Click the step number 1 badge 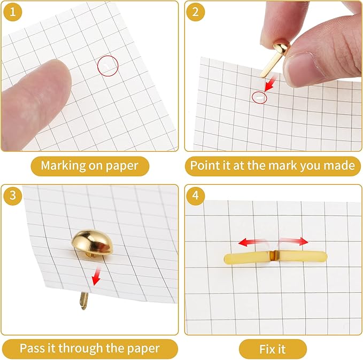coord(13,12)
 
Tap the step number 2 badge coord(195,12)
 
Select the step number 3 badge coord(13,195)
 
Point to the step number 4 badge coord(195,195)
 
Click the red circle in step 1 coord(108,56)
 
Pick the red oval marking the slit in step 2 coord(259,92)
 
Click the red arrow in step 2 coord(270,84)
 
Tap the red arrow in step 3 coord(96,277)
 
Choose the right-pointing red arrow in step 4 coord(294,241)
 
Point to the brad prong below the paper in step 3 coord(84,301)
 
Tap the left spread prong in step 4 coord(247,259)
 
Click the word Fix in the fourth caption coord(266,349)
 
